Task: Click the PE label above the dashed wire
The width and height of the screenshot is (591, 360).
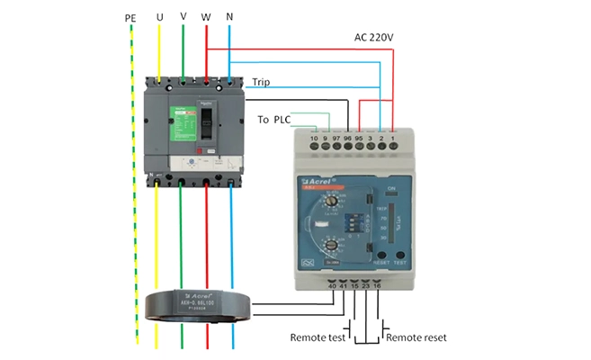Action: tap(130, 18)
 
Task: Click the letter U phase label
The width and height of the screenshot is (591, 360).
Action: tap(160, 18)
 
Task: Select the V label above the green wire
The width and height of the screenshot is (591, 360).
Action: tap(184, 18)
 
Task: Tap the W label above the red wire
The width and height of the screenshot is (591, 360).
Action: tap(208, 18)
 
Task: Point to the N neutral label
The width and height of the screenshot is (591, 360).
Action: tap(230, 18)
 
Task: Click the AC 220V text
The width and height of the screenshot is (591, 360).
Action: tap(373, 39)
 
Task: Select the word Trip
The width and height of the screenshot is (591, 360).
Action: tap(262, 82)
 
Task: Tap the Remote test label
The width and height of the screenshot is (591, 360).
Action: tap(318, 338)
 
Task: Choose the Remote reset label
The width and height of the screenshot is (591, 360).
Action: tap(416, 338)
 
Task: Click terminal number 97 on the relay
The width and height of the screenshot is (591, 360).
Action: tap(335, 139)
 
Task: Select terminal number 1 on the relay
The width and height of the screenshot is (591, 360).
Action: tap(393, 139)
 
